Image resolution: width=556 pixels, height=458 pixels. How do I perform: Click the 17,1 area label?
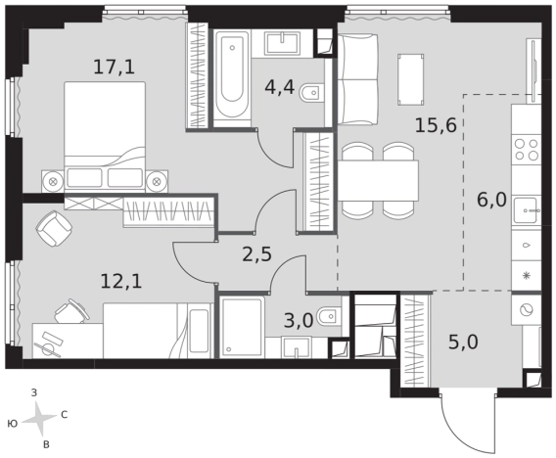pyautogui.click(x=115, y=67)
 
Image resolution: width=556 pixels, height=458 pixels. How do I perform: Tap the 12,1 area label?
pyautogui.click(x=121, y=282)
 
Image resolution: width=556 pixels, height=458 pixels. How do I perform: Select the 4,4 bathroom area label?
pyautogui.click(x=279, y=87)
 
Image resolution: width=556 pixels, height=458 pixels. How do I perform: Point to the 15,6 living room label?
pyautogui.click(x=436, y=125)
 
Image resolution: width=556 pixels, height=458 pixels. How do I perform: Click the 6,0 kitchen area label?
pyautogui.click(x=491, y=201)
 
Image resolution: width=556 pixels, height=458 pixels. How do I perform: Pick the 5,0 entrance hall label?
pyautogui.click(x=463, y=343)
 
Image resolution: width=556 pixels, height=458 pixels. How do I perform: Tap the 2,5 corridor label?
pyautogui.click(x=256, y=254)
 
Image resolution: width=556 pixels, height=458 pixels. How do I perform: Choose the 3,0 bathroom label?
pyautogui.click(x=299, y=321)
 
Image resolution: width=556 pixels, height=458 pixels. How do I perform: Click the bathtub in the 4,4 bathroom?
pyautogui.click(x=232, y=77)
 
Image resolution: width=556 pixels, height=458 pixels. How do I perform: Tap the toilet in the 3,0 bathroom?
pyautogui.click(x=329, y=315)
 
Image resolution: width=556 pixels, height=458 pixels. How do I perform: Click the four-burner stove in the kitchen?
pyautogui.click(x=527, y=149)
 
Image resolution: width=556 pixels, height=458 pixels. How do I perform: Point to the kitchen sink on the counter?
pyautogui.click(x=527, y=210)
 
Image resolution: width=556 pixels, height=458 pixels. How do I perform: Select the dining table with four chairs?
pyautogui.click(x=378, y=180)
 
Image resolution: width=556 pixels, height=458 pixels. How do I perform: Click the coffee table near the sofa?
pyautogui.click(x=411, y=79)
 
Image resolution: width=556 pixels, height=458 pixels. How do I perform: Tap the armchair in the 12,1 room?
pyautogui.click(x=54, y=228)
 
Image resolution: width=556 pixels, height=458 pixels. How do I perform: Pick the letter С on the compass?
pyautogui.click(x=65, y=414)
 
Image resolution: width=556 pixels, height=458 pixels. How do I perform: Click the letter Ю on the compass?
pyautogui.click(x=13, y=424)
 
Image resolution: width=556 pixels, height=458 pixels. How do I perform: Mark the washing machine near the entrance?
pyautogui.click(x=526, y=310)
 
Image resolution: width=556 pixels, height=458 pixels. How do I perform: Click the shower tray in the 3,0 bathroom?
pyautogui.click(x=242, y=327)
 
